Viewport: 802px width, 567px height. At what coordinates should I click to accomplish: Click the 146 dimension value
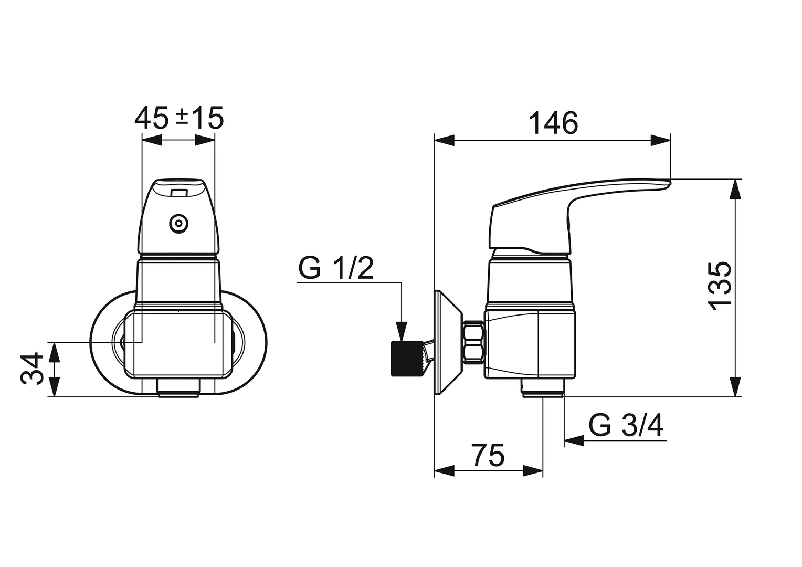(553, 124)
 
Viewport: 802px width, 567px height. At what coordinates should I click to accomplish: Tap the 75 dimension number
(488, 455)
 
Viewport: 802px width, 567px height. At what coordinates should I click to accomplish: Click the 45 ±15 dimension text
(179, 118)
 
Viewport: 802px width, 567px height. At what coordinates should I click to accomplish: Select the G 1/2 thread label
(336, 269)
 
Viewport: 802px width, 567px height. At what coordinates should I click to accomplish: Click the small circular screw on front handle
(179, 224)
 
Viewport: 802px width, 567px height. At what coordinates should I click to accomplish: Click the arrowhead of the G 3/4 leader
(573, 440)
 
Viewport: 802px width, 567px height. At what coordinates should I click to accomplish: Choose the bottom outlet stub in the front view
(178, 388)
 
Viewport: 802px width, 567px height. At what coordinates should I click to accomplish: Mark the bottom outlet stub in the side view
(543, 389)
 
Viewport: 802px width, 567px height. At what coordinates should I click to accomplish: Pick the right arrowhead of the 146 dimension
(661, 140)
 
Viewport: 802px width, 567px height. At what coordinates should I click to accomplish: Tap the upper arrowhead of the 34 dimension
(55, 351)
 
